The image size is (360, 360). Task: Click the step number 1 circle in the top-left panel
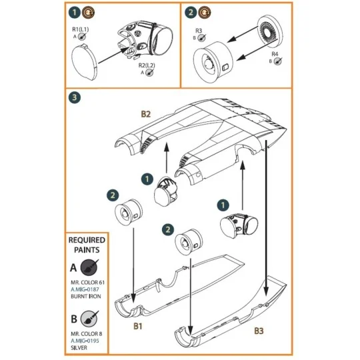coord(75,13)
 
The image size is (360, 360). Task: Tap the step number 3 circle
coord(75,97)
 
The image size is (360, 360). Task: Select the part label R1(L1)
coord(81,29)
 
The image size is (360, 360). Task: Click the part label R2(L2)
coord(147,65)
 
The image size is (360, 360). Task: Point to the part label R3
coord(199,31)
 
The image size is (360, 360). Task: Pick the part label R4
coord(275,54)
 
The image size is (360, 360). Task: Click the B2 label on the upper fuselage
coord(146,114)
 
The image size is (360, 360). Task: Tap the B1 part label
coord(138,326)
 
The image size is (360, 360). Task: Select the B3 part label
coord(259,331)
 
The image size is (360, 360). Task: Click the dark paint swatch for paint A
coord(89,267)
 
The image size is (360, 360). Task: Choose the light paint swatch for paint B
coord(89,319)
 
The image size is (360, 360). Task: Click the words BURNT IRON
coord(86,297)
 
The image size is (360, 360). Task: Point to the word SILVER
coord(79,348)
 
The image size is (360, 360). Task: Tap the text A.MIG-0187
coord(85,289)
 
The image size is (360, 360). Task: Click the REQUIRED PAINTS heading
coord(87,245)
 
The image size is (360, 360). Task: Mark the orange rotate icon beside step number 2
coord(204,13)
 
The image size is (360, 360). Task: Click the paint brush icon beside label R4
coord(278,61)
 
